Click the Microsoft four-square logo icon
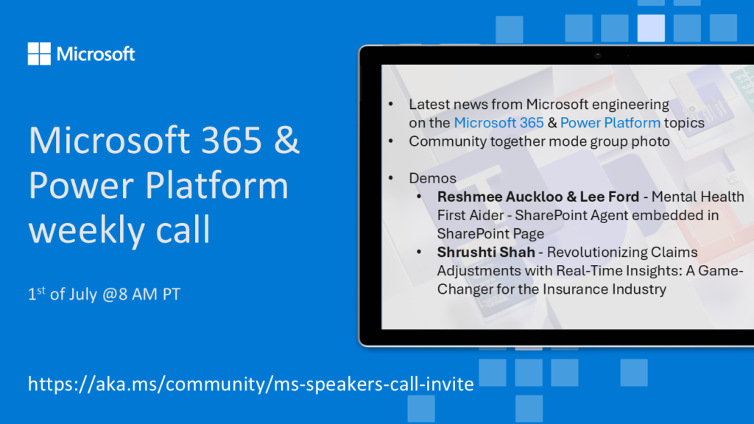coord(39,53)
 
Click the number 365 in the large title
coord(231,141)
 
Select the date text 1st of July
coord(63,293)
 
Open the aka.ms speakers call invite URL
coord(250,384)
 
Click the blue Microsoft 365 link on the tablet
coord(498,123)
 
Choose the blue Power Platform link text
coord(610,123)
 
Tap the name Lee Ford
coord(609,197)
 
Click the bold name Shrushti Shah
coord(486,252)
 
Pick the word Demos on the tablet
coord(432,178)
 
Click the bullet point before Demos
coord(390,178)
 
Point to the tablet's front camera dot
coord(598,55)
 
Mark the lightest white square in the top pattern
coord(651,28)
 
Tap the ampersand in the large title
coord(287,141)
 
